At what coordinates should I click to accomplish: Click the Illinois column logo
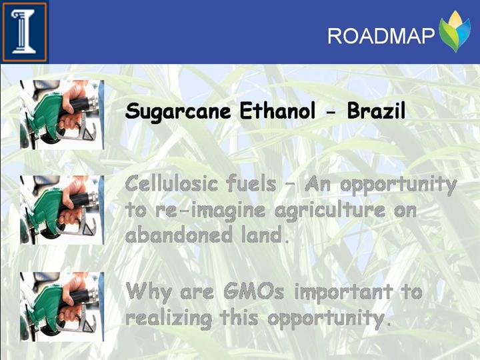25,32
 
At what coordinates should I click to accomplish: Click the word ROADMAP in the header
381,36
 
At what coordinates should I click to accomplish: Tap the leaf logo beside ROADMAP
454,31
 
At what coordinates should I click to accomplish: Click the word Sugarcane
177,112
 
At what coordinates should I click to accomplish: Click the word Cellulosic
171,183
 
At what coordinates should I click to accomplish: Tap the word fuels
251,183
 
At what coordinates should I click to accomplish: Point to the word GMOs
254,291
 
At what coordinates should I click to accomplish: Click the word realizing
169,319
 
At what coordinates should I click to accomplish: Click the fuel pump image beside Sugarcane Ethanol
62,115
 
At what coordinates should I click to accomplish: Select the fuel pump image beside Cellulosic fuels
62,210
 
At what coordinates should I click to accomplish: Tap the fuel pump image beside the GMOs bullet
62,307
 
